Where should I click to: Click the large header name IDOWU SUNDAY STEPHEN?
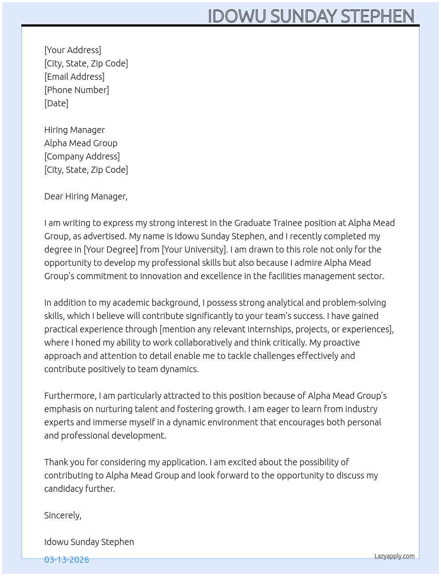coord(311,16)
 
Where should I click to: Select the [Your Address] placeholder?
coord(73,50)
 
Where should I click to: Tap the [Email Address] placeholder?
coord(74,77)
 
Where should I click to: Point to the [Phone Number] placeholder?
coord(77,90)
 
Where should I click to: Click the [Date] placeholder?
coord(56,103)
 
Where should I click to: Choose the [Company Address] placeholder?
coord(82,156)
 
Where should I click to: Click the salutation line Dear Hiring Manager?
coord(86,196)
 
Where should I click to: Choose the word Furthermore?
coord(70,396)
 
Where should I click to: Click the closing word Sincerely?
coord(63,515)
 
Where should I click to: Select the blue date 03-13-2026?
coord(67,560)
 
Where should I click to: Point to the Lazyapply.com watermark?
coord(395,556)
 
